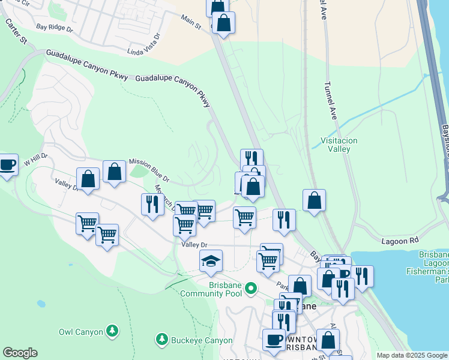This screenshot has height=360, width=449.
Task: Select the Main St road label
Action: [191, 22]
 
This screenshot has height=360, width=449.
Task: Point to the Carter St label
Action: [16, 31]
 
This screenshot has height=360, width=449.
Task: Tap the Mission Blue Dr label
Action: [149, 170]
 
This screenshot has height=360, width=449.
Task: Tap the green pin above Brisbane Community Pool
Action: [252, 289]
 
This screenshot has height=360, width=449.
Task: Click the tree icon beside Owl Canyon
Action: [112, 331]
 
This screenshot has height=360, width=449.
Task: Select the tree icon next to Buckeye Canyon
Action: [161, 340]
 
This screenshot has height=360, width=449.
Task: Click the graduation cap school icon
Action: [211, 261]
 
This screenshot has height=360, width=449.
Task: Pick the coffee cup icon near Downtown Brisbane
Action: [274, 340]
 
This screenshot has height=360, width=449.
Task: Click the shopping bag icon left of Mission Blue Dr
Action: [114, 172]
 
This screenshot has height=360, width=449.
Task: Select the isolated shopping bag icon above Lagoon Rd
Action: [314, 200]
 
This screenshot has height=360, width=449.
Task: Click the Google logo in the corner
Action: [20, 353]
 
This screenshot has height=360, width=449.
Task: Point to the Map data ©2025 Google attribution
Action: [411, 355]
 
